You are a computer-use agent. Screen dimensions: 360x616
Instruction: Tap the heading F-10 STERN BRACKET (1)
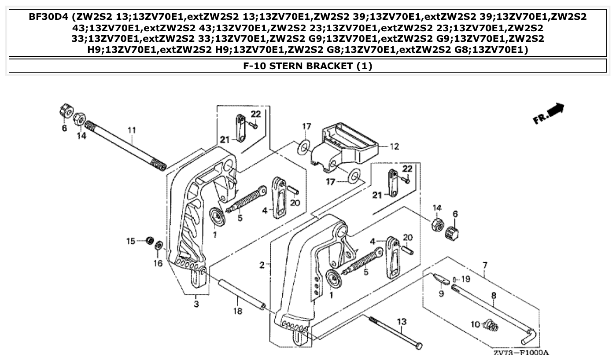pyautogui.click(x=308, y=66)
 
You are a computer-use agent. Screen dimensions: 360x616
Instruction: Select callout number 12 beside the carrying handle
pyautogui.click(x=395, y=147)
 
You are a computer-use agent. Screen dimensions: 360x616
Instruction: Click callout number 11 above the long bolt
pyautogui.click(x=132, y=130)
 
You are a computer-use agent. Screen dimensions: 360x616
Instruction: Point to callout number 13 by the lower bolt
pyautogui.click(x=402, y=323)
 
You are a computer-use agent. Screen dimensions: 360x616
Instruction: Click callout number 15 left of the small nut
pyautogui.click(x=131, y=241)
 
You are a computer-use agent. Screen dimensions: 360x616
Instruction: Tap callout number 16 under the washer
pyautogui.click(x=158, y=263)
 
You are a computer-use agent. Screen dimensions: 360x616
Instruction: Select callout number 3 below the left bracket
pyautogui.click(x=196, y=303)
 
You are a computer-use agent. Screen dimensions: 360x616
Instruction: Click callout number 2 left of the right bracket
pyautogui.click(x=262, y=265)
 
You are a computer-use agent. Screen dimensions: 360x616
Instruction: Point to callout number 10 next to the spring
pyautogui.click(x=475, y=325)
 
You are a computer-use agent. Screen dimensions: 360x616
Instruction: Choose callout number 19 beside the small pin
pyautogui.click(x=466, y=279)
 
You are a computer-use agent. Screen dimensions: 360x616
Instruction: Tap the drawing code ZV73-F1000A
pyautogui.click(x=520, y=353)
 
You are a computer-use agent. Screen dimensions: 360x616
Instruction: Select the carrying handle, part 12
pyautogui.click(x=348, y=143)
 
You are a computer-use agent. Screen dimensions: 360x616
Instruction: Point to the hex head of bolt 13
pyautogui.click(x=418, y=346)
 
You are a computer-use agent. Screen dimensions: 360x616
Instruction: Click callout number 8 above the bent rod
pyautogui.click(x=493, y=296)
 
